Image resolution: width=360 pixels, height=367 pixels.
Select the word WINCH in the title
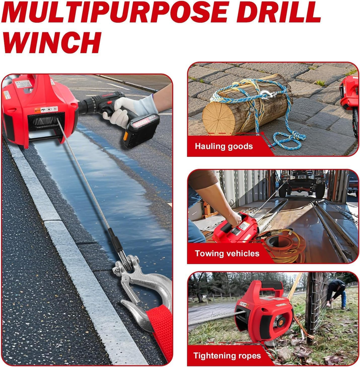click(x=52, y=42)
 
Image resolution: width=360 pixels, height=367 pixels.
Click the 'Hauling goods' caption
click(x=224, y=146)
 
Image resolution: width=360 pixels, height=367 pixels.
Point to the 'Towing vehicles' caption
click(x=227, y=254)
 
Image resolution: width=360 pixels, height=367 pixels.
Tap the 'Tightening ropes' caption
click(x=227, y=356)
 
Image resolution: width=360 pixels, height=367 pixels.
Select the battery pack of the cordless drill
click(x=141, y=130)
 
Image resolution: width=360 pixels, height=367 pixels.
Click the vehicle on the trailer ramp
click(x=302, y=184)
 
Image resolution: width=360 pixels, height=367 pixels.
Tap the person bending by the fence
click(x=337, y=294)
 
